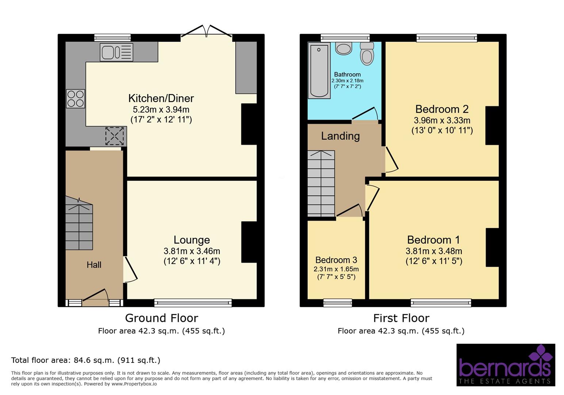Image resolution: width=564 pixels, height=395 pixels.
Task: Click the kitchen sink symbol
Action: pos(116,52)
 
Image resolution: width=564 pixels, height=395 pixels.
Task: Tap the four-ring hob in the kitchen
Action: pos(76,99)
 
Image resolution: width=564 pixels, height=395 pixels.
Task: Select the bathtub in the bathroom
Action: pos(319,70)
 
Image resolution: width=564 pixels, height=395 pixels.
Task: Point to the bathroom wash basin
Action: pos(343,49)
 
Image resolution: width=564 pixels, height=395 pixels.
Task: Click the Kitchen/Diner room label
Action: pos(161,98)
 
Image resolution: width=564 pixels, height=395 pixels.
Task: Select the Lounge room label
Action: pos(191,240)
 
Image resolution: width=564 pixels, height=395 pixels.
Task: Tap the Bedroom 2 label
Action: pos(442,109)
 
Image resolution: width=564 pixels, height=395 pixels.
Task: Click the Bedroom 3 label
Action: pos(336,260)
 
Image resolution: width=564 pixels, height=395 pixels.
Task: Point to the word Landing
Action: pos(340,136)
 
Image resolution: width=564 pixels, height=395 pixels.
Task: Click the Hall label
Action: pos(94,265)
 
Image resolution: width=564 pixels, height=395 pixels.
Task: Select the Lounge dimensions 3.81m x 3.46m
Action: pos(191,251)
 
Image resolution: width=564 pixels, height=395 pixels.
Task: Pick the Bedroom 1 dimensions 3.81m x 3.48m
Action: pos(434,251)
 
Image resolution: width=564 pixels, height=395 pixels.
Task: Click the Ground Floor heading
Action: pos(161,318)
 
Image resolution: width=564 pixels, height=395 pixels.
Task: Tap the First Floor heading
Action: pos(401,318)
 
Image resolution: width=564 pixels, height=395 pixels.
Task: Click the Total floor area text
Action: pos(85,360)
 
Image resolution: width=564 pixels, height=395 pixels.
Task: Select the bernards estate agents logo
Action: pos(506,365)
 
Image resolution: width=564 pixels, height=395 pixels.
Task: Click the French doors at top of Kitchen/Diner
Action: pos(206,32)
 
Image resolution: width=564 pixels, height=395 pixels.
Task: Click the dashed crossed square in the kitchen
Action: pos(115,136)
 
